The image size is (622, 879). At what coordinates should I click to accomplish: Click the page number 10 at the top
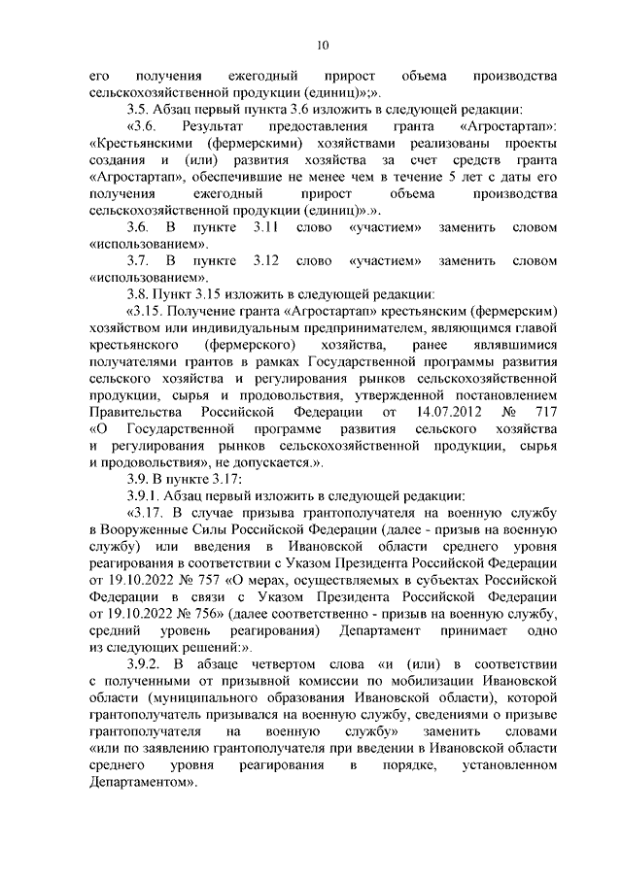coord(323,43)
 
